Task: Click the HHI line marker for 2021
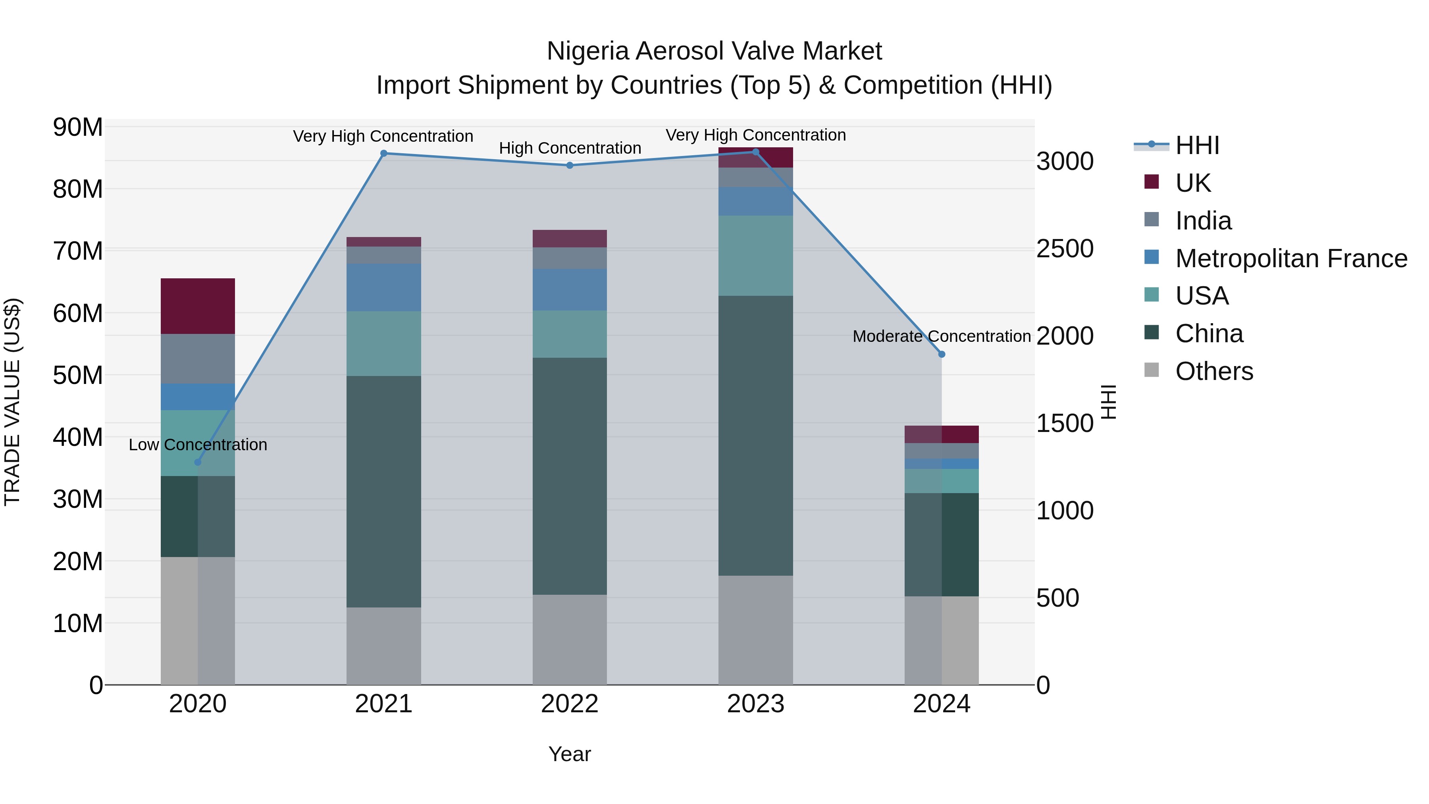tap(383, 154)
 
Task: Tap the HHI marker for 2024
tap(942, 354)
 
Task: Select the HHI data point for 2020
tap(198, 462)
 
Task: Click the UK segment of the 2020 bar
tap(198, 306)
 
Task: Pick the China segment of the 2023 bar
tap(755, 436)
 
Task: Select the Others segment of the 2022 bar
tap(569, 639)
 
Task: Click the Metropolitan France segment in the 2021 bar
tap(383, 287)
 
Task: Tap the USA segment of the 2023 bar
tap(755, 255)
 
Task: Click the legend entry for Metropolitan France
tap(1290, 258)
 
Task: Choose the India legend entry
tap(1203, 221)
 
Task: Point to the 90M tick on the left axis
tap(78, 127)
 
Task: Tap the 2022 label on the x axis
tap(569, 704)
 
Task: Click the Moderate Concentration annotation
tap(942, 336)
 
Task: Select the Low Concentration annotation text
tap(198, 444)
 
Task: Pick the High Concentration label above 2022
tap(570, 148)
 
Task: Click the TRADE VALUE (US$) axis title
tap(12, 402)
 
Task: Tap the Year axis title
tap(569, 754)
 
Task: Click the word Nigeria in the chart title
tap(587, 51)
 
